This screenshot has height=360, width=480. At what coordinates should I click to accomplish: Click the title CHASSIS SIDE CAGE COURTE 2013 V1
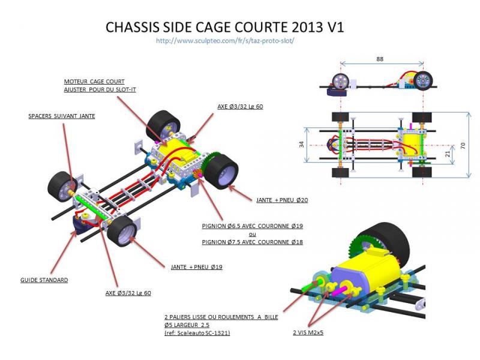click(x=224, y=28)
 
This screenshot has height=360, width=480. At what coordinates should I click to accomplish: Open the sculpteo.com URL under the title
click(x=224, y=41)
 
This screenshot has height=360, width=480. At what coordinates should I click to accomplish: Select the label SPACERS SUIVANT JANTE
click(x=62, y=116)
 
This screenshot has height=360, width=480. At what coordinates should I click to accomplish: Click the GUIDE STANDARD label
click(x=44, y=280)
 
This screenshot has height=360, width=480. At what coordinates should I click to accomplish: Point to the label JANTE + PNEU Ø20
click(x=281, y=200)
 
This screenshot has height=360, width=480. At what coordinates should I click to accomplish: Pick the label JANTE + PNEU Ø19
click(x=196, y=267)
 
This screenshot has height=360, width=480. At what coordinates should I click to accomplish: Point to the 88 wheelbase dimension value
click(x=380, y=59)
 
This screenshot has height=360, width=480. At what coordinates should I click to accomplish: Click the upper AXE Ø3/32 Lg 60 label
click(x=240, y=106)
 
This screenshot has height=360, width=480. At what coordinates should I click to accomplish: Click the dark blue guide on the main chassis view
click(x=79, y=227)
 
